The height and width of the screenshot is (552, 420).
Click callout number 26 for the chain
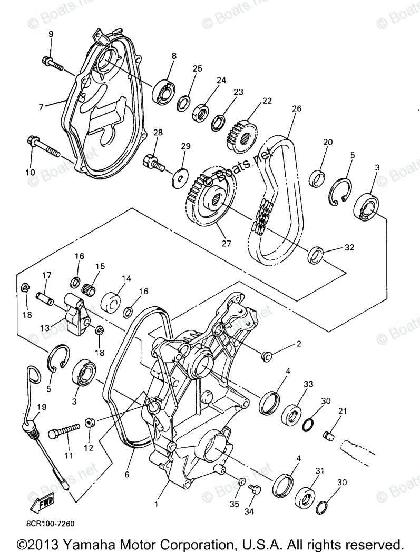(x=296, y=109)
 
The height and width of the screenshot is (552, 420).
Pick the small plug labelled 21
(x=329, y=435)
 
